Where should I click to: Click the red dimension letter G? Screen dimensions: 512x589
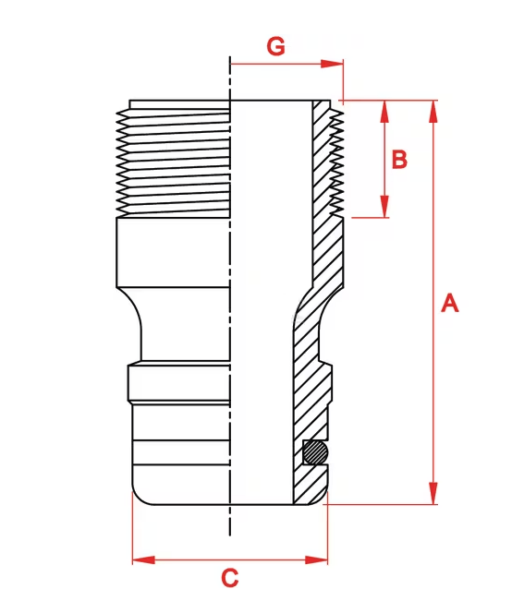tap(276, 46)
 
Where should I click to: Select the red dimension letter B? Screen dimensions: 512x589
tap(399, 160)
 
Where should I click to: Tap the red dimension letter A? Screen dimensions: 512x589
tap(450, 304)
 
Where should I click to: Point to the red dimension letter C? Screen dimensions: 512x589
tap(230, 577)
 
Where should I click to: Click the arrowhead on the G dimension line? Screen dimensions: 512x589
tap(332, 64)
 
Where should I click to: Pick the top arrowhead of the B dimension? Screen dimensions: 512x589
tap(384, 112)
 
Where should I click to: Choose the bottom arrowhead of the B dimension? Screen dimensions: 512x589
tap(384, 206)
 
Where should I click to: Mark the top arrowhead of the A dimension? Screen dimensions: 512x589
tap(433, 112)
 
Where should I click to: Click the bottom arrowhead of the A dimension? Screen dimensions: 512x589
tap(433, 493)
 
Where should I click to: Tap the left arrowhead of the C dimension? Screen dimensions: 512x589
tap(143, 560)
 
